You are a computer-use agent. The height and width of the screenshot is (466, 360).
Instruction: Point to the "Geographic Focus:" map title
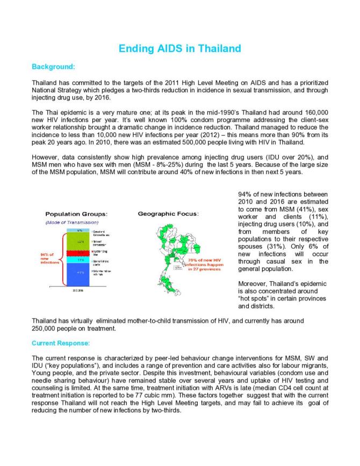pos(168,213)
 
